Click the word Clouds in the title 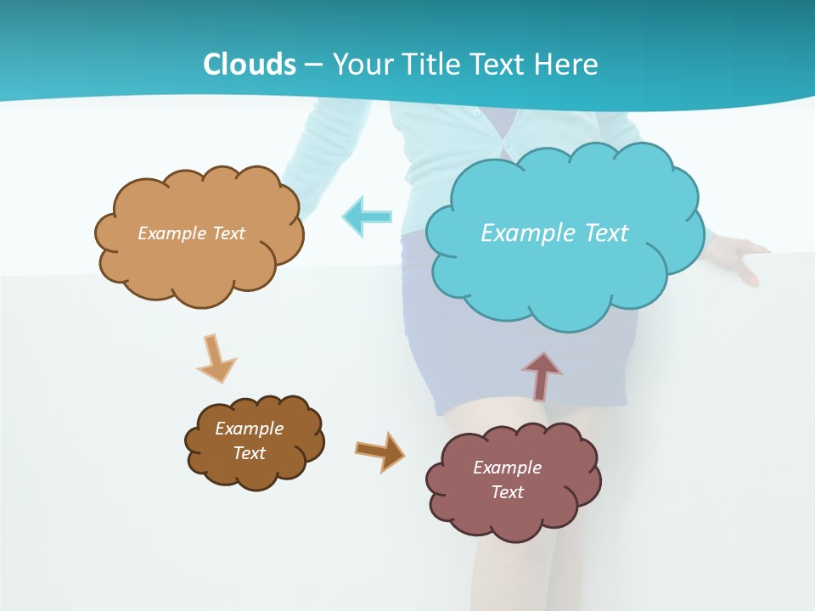[x=250, y=64]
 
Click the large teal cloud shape [x=565, y=272]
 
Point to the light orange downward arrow [x=216, y=357]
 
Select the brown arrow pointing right [x=379, y=451]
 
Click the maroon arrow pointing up [x=542, y=374]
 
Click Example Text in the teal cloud [x=554, y=233]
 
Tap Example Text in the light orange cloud [x=191, y=233]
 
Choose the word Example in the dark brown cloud [x=249, y=429]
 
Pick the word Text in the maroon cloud [x=507, y=492]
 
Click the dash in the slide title [x=313, y=64]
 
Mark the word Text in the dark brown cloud [x=250, y=453]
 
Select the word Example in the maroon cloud [x=507, y=468]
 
